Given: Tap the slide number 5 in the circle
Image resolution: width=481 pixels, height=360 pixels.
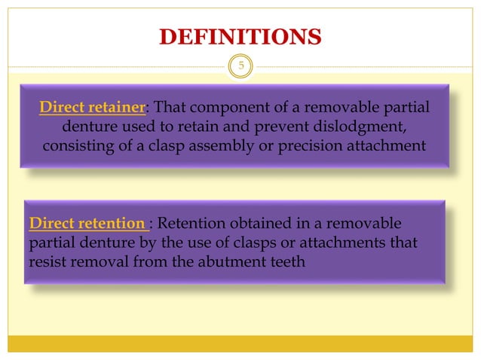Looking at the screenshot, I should tap(241, 66).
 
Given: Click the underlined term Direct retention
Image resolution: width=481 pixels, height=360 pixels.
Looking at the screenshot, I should tap(87, 223).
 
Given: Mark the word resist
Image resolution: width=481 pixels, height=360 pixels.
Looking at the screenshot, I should tap(47, 262).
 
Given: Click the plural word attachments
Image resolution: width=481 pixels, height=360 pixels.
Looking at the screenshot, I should tap(342, 243).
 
